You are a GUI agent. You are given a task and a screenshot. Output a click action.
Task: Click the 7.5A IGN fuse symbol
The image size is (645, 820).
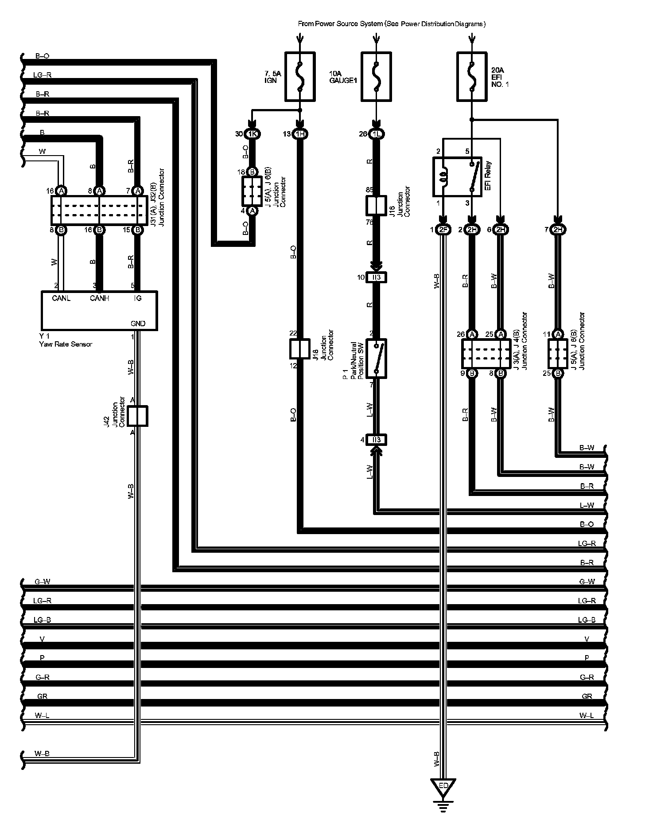point(300,76)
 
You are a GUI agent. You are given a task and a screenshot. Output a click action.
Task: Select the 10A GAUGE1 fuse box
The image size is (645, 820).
point(376,76)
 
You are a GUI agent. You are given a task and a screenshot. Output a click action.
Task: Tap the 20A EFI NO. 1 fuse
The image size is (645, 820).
point(471,76)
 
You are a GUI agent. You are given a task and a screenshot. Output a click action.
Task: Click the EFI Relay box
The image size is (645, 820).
point(457,176)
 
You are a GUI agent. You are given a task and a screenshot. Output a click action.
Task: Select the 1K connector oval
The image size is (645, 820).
point(253,134)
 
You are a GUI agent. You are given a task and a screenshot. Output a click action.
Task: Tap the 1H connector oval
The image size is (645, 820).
point(300,134)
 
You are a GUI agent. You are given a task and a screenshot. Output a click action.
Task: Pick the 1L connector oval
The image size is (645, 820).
point(376,134)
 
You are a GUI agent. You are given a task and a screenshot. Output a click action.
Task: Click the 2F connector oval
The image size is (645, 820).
point(443,230)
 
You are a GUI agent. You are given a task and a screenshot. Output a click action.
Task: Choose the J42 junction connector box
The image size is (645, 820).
point(137,416)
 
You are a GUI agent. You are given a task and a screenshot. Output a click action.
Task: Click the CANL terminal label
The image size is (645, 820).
point(61,298)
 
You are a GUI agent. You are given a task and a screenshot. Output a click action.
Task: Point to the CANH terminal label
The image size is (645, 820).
point(99,298)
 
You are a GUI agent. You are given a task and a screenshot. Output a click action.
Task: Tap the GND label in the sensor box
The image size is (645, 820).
point(138,324)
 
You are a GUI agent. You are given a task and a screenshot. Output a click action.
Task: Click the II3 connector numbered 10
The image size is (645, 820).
point(376,277)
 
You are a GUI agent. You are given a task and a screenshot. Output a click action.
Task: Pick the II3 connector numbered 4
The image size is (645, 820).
point(376,440)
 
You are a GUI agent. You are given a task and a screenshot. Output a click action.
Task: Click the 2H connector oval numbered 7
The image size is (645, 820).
point(558,230)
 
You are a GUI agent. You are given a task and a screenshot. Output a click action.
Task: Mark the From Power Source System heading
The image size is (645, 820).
point(392,24)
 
